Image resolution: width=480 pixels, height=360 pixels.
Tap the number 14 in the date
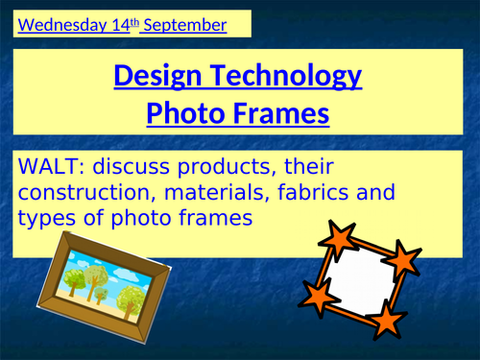pyautogui.click(x=126, y=24)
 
